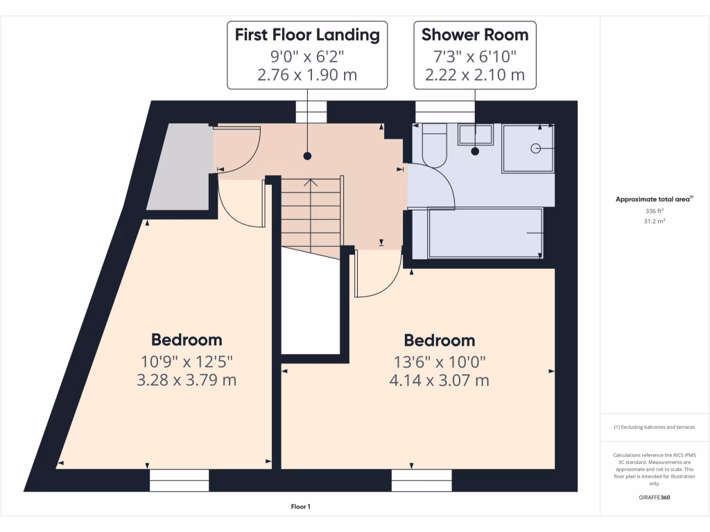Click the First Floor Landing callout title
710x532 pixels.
[307, 35]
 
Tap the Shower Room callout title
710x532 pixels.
[474, 35]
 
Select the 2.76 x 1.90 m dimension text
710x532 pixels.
[307, 75]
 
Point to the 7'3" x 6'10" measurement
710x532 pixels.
[474, 55]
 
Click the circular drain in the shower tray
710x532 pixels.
[535, 148]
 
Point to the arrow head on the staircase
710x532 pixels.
[311, 184]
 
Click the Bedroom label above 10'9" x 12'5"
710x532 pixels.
[187, 340]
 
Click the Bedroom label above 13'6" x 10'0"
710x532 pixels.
[440, 341]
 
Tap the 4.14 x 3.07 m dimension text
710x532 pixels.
[440, 380]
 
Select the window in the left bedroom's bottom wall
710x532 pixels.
[180, 480]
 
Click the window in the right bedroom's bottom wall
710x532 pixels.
[422, 480]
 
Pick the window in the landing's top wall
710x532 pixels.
[311, 112]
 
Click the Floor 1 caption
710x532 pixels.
[300, 507]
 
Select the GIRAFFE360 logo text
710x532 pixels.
[655, 497]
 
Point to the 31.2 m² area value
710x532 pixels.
[654, 222]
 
